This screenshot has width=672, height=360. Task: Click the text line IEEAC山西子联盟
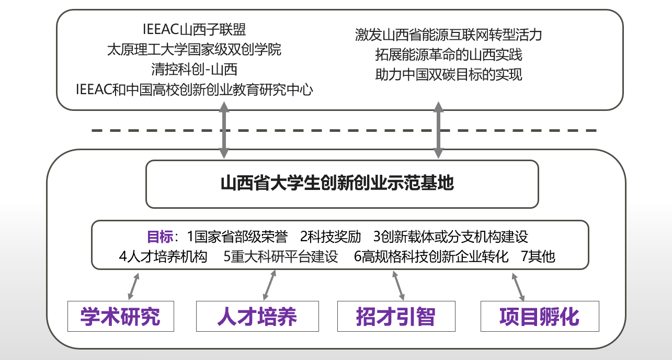coord(194,29)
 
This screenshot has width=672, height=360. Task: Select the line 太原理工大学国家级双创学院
coord(194,50)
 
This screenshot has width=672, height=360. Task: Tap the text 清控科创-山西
coord(194,70)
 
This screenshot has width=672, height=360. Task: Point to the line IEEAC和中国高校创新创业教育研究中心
coord(194,89)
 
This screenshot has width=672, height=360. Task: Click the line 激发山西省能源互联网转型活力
coord(448,35)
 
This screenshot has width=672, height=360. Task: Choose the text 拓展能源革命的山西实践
coord(448,54)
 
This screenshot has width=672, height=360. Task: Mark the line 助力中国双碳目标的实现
coord(448,74)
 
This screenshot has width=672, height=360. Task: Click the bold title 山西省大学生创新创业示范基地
coord(337,183)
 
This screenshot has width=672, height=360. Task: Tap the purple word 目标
coord(160,237)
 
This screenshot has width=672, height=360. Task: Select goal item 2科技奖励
coord(331,237)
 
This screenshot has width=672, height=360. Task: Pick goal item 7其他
coord(538,256)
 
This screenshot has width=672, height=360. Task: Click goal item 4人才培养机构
coord(163,256)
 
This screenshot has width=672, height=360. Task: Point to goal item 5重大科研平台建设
coord(280,256)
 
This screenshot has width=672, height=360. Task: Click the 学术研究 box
coord(121,316)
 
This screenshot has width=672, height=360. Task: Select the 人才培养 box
coord(257,316)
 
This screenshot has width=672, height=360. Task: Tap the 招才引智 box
coord(396,316)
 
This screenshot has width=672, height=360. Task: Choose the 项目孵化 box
coord(540,316)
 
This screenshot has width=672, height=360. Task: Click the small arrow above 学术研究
coord(133,286)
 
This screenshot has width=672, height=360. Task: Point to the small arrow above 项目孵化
coord(518,287)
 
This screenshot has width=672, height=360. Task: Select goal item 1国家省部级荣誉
coord(237,237)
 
